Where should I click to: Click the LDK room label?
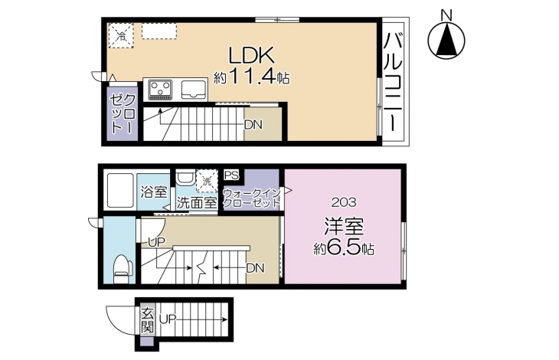[x=251, y=56]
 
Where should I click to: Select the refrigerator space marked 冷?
[x=121, y=35]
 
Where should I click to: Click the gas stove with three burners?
[x=161, y=89]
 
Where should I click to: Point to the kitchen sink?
[x=194, y=89]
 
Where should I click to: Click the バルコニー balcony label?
[x=393, y=82]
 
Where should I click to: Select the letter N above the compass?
[x=446, y=15]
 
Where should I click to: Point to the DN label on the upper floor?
[x=253, y=125]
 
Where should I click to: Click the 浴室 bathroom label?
[x=154, y=192]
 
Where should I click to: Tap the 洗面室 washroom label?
[x=197, y=203]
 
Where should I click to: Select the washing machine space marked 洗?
[x=207, y=181]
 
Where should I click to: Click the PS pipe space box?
[x=232, y=175]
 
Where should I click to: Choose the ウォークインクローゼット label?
[x=252, y=198]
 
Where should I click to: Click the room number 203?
[x=344, y=202]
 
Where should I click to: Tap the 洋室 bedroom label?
[x=344, y=227]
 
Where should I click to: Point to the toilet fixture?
[x=123, y=270]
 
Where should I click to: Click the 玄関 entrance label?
[x=147, y=320]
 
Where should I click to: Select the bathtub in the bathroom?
[x=120, y=191]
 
